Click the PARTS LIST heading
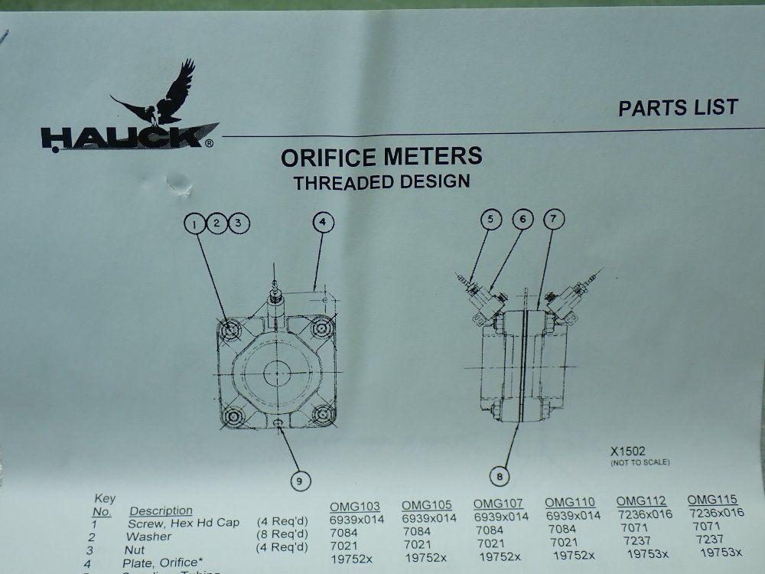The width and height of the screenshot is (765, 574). coord(678,108)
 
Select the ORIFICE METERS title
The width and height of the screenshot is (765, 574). coord(381,157)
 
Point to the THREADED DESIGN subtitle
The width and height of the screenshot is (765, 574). coord(382,182)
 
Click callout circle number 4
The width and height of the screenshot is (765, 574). coord(324,223)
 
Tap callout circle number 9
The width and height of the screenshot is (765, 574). coord(300,481)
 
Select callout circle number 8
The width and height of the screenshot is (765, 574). coord(499,475)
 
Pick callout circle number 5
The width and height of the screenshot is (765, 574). coord(492,220)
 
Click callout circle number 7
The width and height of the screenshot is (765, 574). coord(554,220)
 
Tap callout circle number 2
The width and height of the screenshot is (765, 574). coord(217,223)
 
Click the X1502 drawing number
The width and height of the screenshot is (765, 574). coord(629,452)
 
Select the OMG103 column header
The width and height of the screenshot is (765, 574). coord(355,506)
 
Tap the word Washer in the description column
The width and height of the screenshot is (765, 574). coord(148,536)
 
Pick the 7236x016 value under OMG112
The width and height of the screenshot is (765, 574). coord(644,514)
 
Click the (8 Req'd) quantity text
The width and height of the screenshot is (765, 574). coord(282,534)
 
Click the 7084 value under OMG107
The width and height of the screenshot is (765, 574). coord(490,530)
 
